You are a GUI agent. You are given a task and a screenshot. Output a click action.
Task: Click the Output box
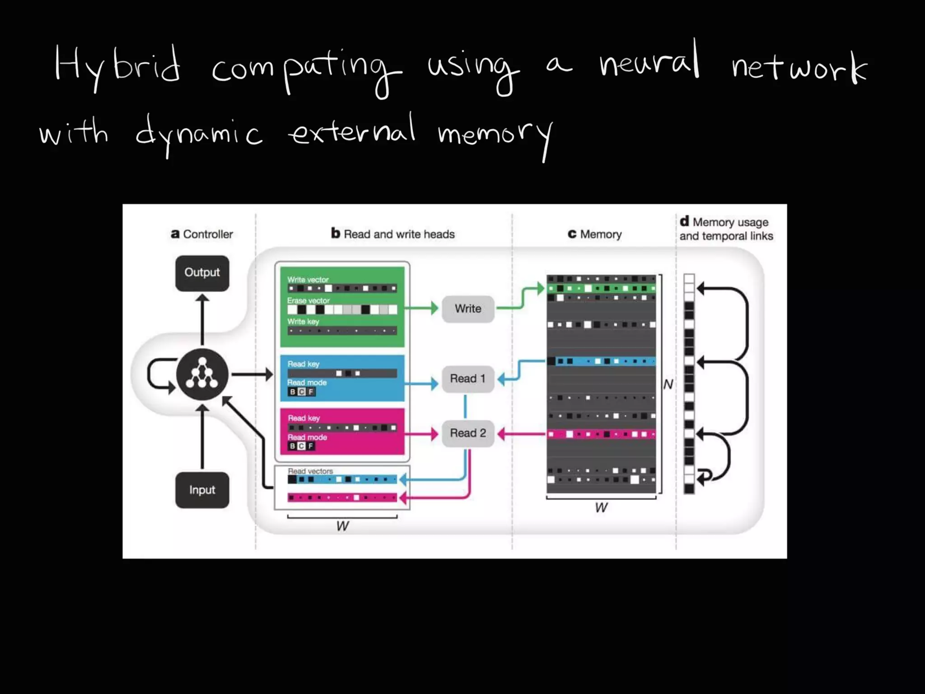202,273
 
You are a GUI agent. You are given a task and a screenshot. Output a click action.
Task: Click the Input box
202,490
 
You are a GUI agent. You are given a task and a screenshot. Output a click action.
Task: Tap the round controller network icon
202,374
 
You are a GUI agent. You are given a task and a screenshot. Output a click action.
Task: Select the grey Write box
468,309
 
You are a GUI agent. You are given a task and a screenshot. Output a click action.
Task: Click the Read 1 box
468,379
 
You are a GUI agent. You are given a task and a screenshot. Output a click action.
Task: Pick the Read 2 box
468,433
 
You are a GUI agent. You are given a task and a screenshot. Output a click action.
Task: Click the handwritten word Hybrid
117,68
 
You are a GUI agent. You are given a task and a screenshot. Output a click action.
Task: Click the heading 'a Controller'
202,234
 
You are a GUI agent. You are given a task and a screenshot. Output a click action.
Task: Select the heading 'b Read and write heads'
393,234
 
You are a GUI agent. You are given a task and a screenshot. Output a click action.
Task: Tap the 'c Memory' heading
595,234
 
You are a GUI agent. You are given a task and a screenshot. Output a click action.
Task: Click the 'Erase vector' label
308,300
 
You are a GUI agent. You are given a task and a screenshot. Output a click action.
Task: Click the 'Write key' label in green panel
303,321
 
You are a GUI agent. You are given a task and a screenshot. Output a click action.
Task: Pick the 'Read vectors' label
310,471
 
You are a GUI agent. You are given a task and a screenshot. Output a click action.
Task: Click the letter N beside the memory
668,385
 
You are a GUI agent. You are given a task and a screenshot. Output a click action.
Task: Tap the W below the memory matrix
601,507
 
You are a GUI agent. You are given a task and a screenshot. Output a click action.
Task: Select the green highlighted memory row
601,288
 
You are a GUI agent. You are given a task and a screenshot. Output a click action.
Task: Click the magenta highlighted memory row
601,434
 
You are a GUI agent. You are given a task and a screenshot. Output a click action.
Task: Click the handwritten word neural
649,63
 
